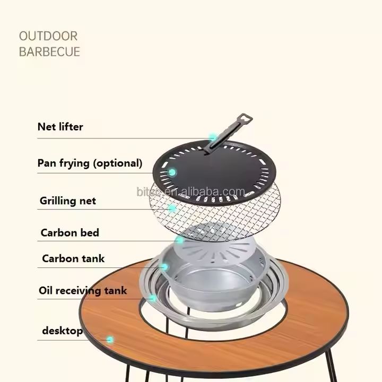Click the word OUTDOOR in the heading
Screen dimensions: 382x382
(48, 36)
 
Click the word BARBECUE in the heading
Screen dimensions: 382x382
(49, 51)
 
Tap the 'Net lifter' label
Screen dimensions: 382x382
(60, 127)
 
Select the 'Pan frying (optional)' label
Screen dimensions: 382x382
(90, 163)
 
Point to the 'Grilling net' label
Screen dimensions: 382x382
(68, 201)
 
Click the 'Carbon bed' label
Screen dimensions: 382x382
(70, 233)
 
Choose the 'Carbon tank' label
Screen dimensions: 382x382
(73, 258)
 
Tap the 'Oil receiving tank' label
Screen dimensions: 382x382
(83, 291)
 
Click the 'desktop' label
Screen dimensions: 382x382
(63, 331)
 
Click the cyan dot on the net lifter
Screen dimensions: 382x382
(213, 137)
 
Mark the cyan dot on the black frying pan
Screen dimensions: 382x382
(172, 172)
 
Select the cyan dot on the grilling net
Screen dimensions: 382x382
(172, 209)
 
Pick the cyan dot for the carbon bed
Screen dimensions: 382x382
(180, 240)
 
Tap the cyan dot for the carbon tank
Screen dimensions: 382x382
(164, 267)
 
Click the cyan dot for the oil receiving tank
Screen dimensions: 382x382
(152, 298)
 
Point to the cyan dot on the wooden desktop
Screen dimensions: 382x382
(110, 340)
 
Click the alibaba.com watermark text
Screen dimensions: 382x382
(190, 192)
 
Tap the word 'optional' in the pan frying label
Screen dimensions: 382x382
(118, 164)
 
